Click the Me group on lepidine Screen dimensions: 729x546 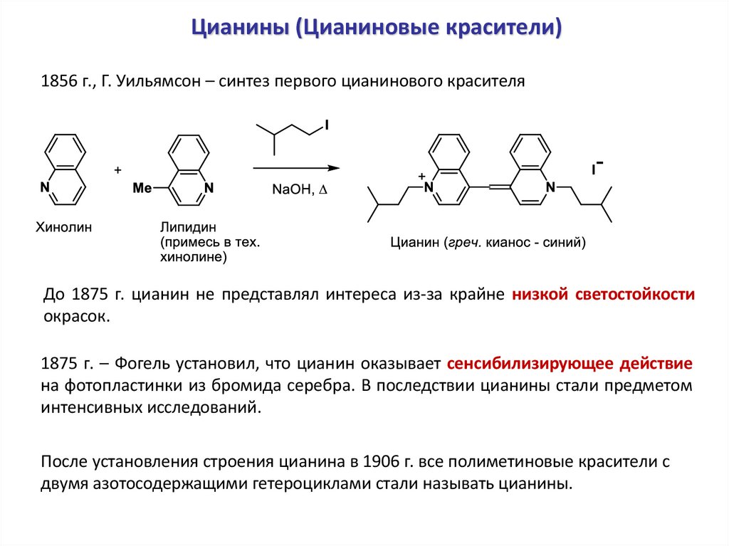point(143,188)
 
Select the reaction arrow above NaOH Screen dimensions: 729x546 point(296,169)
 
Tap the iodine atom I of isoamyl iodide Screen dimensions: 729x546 point(327,126)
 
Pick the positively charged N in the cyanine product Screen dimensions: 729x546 point(429,187)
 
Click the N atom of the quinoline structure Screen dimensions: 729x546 point(45,188)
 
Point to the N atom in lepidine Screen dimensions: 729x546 point(208,188)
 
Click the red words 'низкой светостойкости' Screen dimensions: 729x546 point(603,294)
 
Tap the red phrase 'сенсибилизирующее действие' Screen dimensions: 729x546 point(570,364)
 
